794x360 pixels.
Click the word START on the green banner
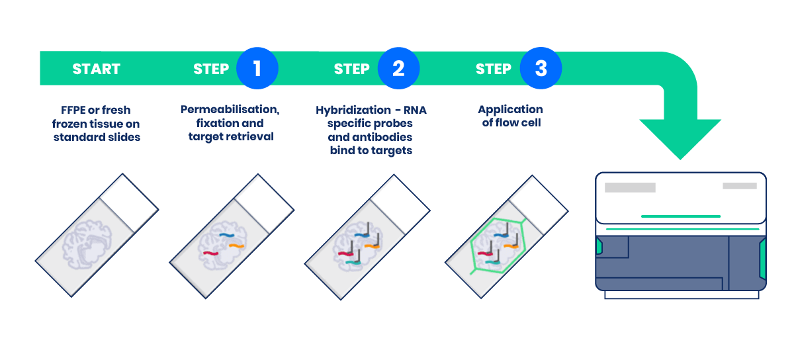coord(96,69)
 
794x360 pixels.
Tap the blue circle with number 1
coord(257,68)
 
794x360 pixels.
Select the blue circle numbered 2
coord(398,68)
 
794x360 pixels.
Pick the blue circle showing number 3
coord(541,68)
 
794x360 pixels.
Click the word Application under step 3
coord(510,110)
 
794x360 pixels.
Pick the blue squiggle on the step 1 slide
coord(228,234)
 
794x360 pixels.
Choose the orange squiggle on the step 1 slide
coord(237,246)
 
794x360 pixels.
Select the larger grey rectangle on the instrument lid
coord(630,187)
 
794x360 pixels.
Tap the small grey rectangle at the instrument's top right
coord(739,186)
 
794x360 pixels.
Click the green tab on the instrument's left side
coord(599,247)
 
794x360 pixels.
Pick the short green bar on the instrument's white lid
coord(680,216)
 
